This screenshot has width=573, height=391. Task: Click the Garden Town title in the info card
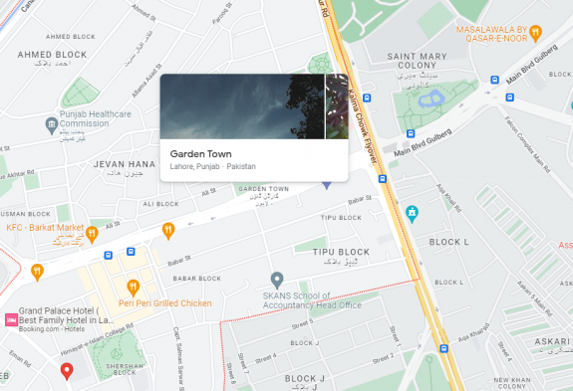coord(199,154)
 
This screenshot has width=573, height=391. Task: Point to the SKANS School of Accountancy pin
coord(278,279)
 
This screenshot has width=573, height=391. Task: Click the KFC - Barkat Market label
coord(43,228)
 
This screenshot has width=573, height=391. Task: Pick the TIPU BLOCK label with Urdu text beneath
coord(335,254)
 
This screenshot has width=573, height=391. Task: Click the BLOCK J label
coord(305,378)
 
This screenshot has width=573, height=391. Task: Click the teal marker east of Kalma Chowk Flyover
coord(412,212)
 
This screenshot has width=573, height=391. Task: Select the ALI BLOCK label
coord(160,204)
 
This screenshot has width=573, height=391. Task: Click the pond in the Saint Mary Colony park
coord(431,98)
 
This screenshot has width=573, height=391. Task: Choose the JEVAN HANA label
coord(125,163)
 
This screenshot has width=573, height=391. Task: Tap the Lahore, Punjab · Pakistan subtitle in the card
coord(212,167)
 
